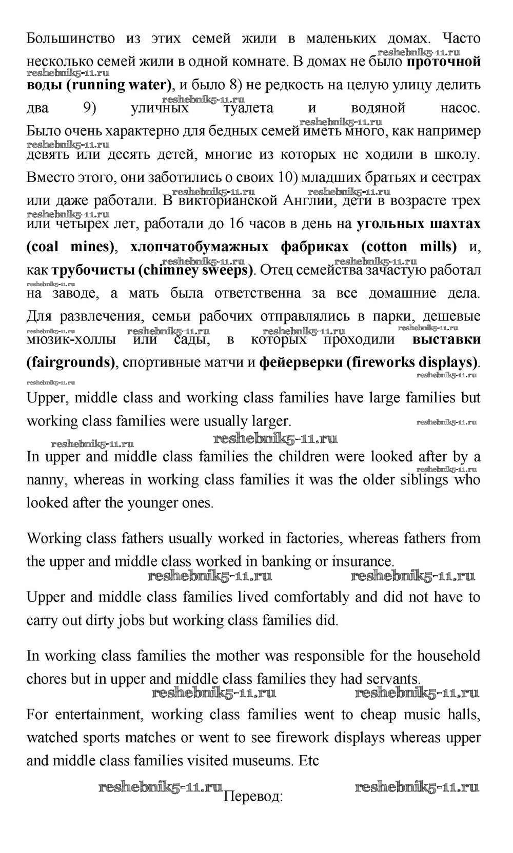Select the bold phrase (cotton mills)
pos(409,247)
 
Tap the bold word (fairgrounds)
pos(71,363)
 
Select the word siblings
pos(424,480)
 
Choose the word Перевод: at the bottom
pos(253,797)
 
